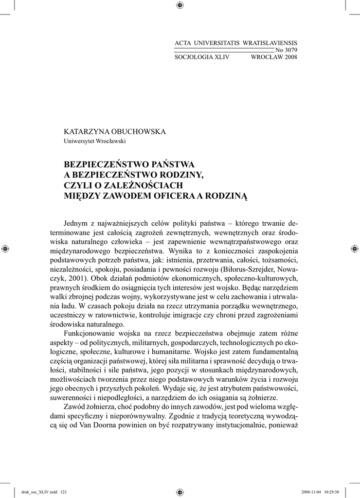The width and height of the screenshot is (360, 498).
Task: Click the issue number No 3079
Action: point(286,50)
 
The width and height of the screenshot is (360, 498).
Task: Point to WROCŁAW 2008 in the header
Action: point(273,57)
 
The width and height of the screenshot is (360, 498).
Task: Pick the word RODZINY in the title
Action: point(180,175)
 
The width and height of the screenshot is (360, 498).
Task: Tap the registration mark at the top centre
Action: point(180,5)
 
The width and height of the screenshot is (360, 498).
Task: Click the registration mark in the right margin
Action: point(354,249)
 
